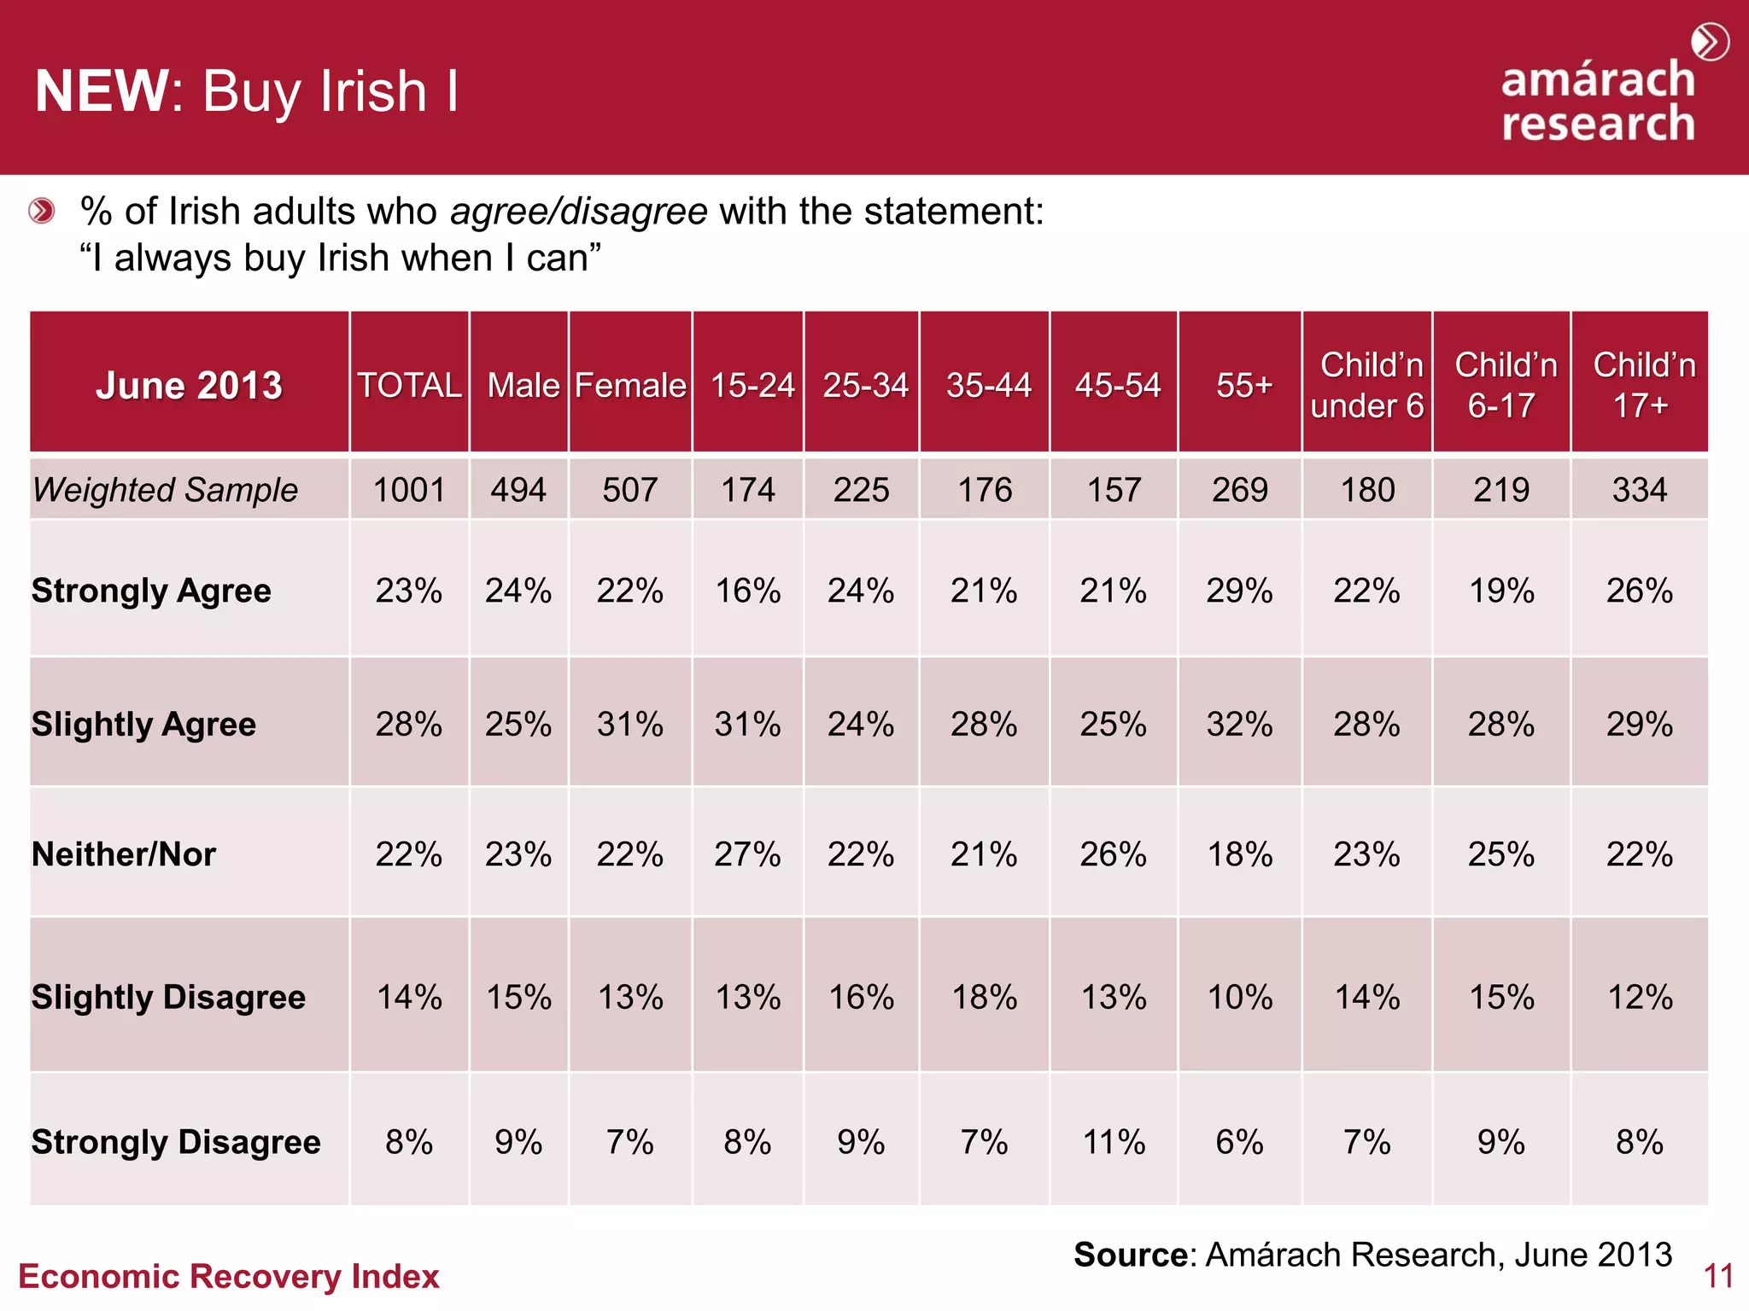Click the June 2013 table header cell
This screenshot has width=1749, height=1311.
(x=189, y=385)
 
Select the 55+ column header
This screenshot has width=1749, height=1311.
(x=1243, y=385)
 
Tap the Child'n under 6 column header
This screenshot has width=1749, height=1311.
(x=1367, y=385)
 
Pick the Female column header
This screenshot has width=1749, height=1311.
(x=630, y=385)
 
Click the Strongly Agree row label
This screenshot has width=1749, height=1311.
(x=151, y=591)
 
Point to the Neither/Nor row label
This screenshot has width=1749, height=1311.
(x=124, y=854)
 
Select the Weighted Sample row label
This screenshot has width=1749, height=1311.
(x=165, y=490)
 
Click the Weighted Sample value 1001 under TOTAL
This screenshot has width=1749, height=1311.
(x=409, y=490)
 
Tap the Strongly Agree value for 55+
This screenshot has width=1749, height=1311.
(x=1239, y=591)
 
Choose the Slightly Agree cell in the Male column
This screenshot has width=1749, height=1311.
(x=518, y=725)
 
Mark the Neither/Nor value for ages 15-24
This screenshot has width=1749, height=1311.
(x=747, y=854)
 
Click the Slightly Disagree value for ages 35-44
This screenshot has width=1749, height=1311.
(x=985, y=997)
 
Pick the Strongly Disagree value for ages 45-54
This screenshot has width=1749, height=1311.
(x=1114, y=1142)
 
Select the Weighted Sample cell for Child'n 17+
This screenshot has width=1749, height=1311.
(x=1639, y=490)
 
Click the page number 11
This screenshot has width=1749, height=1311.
(x=1717, y=1277)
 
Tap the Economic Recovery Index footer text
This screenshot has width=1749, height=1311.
(x=228, y=1277)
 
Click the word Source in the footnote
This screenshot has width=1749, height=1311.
(x=1130, y=1255)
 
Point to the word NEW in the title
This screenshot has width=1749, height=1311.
(x=102, y=91)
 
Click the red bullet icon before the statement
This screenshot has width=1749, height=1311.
(x=41, y=211)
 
